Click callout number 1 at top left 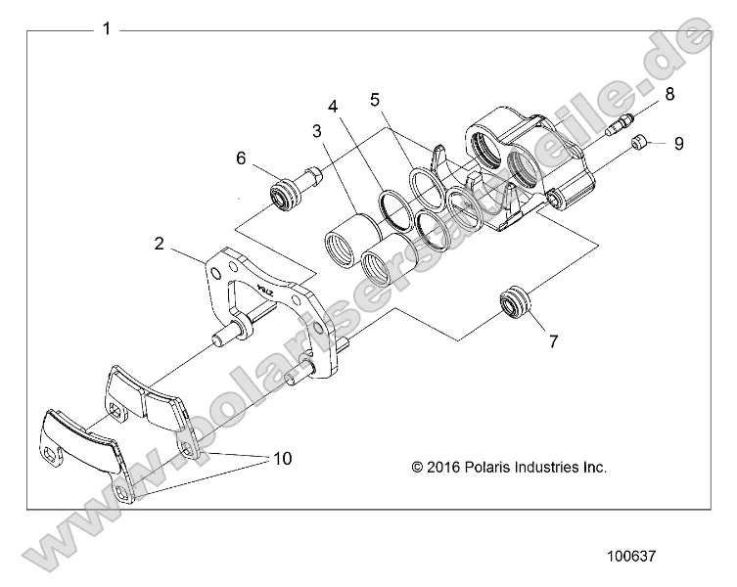[x=106, y=29]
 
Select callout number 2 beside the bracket [x=160, y=245]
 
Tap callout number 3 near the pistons [x=317, y=130]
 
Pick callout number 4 [x=334, y=106]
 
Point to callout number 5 [x=375, y=99]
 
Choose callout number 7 [x=553, y=341]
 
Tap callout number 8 [x=669, y=94]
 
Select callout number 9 [x=677, y=143]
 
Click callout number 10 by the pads [x=283, y=458]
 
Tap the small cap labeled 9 [x=639, y=144]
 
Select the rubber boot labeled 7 [x=516, y=302]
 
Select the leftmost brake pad [x=83, y=445]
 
